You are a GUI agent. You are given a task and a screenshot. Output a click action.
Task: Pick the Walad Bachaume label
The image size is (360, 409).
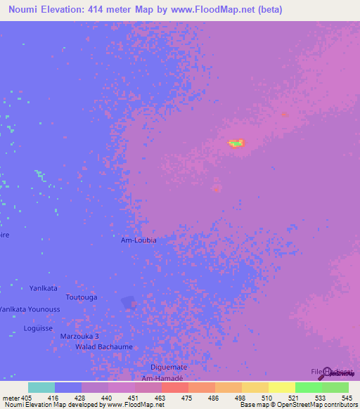(104, 347)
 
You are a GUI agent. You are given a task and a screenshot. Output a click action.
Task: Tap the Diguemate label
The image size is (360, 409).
(169, 368)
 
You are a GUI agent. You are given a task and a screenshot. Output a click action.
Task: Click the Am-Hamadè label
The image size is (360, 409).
(162, 377)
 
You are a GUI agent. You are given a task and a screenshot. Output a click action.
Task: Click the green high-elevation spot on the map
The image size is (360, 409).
(237, 143)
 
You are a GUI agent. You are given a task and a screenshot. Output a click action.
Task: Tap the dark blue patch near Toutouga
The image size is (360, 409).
(128, 302)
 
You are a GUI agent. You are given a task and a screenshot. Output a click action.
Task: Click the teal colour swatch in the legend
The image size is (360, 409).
(41, 387)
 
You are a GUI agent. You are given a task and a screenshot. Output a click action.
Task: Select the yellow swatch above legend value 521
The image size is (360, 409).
(281, 387)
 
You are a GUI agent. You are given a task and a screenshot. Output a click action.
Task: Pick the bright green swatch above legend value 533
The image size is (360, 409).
(308, 387)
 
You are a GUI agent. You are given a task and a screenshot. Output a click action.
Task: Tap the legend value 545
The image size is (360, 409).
(346, 397)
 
